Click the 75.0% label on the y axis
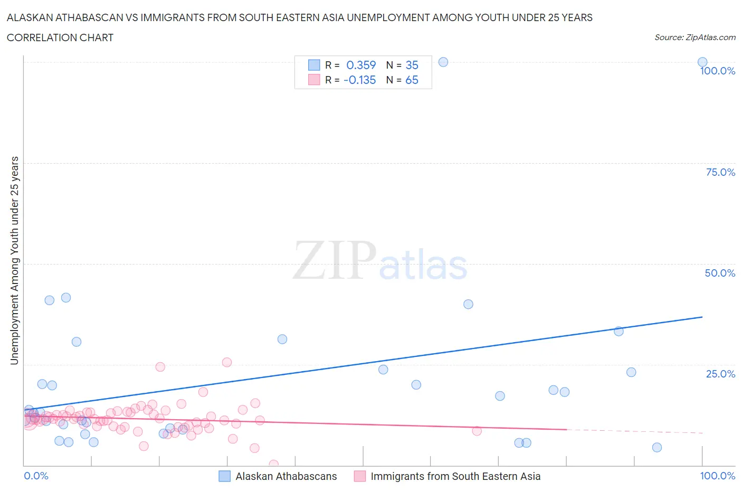(720, 172)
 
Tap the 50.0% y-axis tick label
(720, 273)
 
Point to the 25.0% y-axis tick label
(720, 374)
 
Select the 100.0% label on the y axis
(717, 71)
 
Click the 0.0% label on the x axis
(36, 476)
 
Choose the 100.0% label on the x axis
(717, 476)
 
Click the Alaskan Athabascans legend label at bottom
(286, 476)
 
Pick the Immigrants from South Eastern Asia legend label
(455, 476)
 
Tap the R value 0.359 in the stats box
(361, 65)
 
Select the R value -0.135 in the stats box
(359, 80)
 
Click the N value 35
(412, 65)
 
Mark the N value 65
(412, 80)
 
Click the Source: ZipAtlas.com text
(695, 37)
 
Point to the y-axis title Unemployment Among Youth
(14, 260)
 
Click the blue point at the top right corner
(702, 62)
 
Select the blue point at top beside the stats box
(443, 62)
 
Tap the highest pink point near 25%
(227, 362)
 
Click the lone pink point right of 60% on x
(477, 431)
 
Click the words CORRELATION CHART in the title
(60, 37)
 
